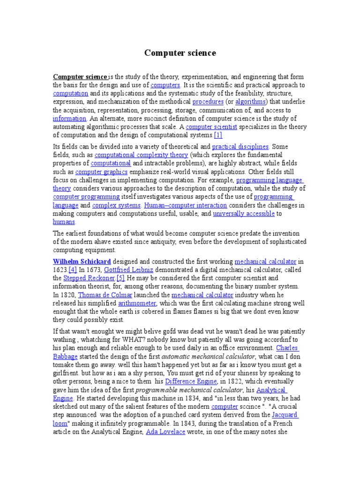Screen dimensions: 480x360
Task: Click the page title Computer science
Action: pos(180,53)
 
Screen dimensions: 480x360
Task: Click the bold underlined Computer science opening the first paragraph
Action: pos(80,77)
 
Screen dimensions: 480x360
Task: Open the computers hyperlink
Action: pos(165,85)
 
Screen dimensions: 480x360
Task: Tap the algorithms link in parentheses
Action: pos(250,102)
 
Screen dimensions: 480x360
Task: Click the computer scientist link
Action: pos(212,127)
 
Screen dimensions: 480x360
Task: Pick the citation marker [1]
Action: pos(218,135)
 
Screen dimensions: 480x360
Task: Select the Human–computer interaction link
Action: pos(186,205)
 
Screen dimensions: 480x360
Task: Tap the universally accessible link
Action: pos(244,214)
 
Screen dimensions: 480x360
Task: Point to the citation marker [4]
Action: pos(73,270)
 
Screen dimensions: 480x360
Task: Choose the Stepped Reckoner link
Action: pos(89,278)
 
